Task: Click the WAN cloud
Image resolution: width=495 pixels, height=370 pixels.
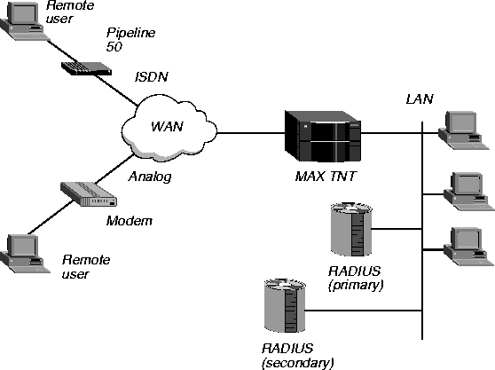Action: point(169,128)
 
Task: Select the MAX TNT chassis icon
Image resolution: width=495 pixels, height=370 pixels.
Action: point(323,137)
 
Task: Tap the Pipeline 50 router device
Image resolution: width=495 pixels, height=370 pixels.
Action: point(86,68)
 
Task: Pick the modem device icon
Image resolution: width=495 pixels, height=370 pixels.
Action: point(89,194)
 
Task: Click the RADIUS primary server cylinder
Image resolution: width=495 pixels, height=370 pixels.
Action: point(351,229)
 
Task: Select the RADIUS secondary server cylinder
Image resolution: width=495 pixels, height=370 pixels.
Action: point(285,305)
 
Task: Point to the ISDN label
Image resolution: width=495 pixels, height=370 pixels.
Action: point(152,76)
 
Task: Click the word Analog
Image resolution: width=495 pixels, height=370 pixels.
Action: point(150,177)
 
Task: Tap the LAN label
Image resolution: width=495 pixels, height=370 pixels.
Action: point(420,98)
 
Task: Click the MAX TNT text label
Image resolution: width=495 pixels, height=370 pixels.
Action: point(326,177)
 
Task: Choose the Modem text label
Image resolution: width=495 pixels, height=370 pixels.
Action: point(130,221)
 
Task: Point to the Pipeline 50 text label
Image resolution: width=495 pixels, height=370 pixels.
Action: point(130,39)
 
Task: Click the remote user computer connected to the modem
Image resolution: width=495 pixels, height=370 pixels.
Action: point(25,254)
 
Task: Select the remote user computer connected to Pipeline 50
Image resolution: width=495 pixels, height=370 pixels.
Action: point(24,21)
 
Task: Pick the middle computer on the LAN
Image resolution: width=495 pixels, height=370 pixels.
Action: point(468,192)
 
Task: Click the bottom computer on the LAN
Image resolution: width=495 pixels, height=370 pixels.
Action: point(468,247)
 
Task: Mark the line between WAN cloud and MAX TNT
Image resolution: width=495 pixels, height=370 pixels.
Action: point(251,133)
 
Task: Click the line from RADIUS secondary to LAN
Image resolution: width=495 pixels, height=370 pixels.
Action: point(364,311)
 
